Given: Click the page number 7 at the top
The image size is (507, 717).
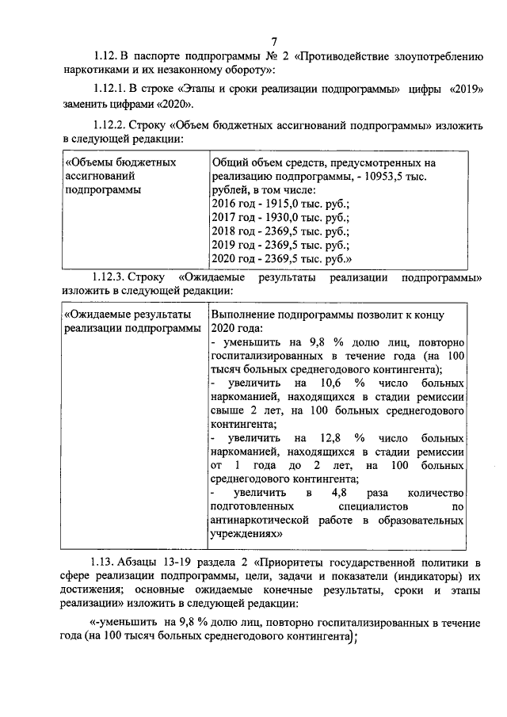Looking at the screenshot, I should coord(273,41).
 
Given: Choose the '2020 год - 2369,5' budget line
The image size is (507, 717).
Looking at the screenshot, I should coord(282,258).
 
